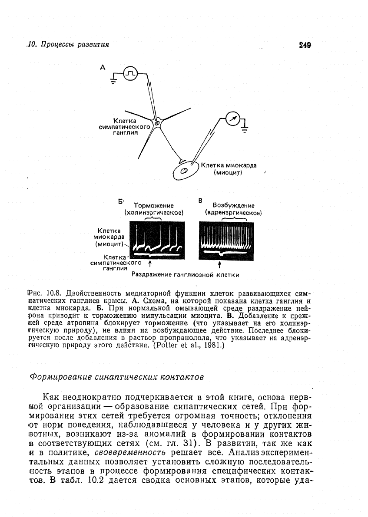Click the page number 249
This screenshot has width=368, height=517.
pyautogui.click(x=306, y=45)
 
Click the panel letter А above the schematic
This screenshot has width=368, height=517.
pyautogui.click(x=103, y=67)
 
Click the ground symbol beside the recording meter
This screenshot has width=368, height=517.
pyautogui.click(x=245, y=127)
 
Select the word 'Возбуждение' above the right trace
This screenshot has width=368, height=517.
pyautogui.click(x=233, y=205)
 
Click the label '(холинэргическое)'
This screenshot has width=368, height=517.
pyautogui.click(x=154, y=213)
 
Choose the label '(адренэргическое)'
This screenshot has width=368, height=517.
pyautogui.click(x=233, y=213)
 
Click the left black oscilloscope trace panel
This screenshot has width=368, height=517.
pyautogui.click(x=158, y=241)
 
